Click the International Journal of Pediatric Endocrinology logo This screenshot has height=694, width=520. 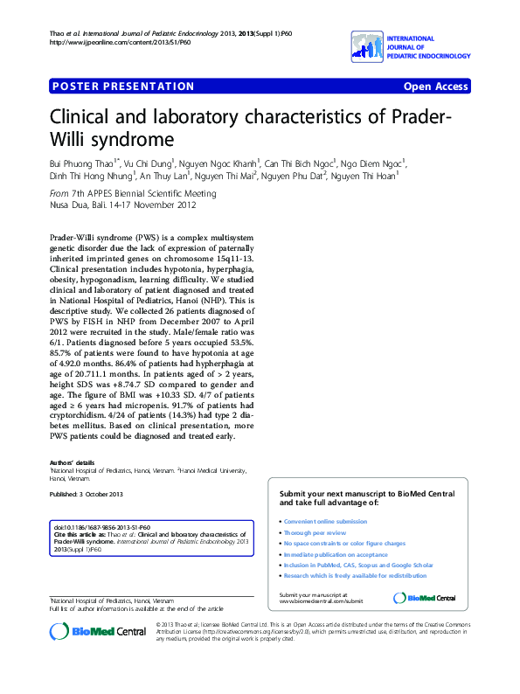(410, 47)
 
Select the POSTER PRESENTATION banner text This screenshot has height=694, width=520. (123, 87)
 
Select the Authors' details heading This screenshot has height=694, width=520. (73, 461)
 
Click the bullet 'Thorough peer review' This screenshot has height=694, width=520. (315, 532)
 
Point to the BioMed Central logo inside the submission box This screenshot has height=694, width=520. (425, 598)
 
